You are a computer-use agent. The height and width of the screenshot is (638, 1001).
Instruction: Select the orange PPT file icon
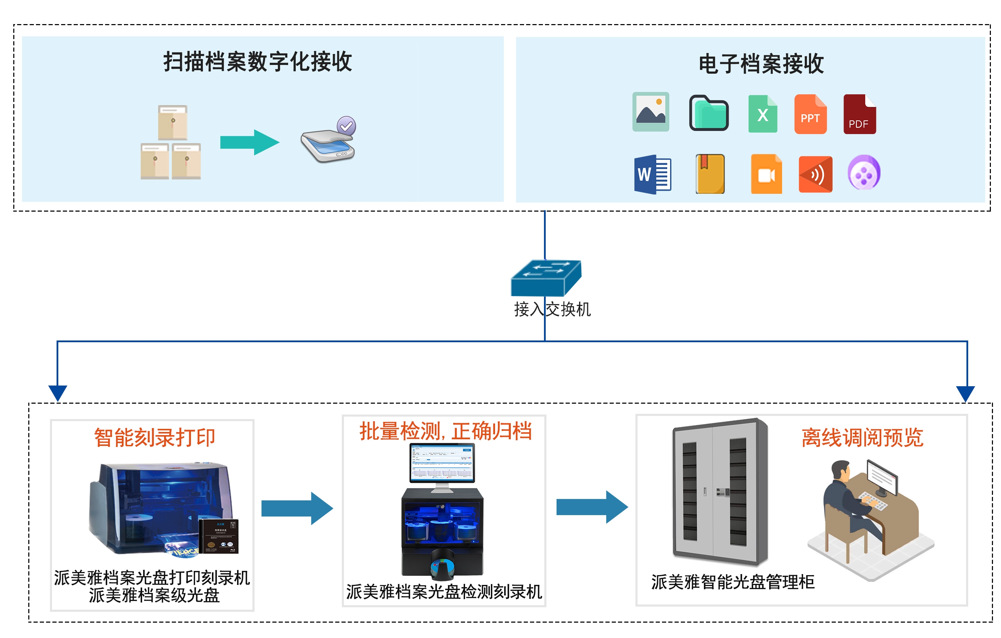pos(810,114)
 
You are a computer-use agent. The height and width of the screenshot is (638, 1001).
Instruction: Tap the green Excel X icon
pos(763,114)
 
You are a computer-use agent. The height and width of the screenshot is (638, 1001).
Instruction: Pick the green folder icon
pos(708,113)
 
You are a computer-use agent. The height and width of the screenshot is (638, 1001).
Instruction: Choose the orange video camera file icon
pos(766,174)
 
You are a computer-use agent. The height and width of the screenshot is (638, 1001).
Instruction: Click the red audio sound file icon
pos(815,174)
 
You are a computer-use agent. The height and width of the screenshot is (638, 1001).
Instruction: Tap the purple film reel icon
pos(863,173)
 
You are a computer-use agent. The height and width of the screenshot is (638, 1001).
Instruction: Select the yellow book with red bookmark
pos(710,174)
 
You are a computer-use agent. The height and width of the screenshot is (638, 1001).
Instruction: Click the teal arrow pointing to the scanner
pos(249,142)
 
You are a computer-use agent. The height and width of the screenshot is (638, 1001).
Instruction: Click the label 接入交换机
pos(552,309)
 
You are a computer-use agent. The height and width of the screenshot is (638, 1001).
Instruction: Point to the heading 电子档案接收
pos(761,64)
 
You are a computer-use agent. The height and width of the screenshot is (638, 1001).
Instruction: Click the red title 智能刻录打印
pos(154,437)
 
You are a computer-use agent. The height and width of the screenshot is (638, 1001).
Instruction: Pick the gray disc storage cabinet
pos(719,492)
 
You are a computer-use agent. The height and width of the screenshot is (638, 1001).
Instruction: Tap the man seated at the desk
pos(848,499)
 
